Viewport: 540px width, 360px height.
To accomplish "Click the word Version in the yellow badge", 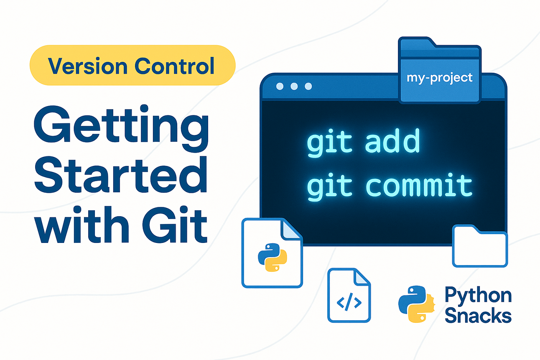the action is [x=87, y=66].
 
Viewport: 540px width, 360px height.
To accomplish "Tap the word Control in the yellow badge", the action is [x=174, y=66].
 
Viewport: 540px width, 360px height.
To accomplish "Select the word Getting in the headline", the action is [x=121, y=128].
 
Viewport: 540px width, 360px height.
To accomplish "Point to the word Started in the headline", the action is [x=121, y=175].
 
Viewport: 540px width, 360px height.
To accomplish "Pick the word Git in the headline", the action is [x=175, y=224].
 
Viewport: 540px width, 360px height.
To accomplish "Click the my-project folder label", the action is [x=439, y=78].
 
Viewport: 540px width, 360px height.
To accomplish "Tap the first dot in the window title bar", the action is [x=280, y=86].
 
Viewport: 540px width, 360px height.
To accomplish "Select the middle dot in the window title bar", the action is [x=294, y=86].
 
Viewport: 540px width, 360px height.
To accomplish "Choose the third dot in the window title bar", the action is [x=308, y=86].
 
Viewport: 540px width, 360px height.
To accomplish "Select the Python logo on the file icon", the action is [x=273, y=257].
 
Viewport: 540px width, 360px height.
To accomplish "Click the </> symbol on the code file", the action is [x=349, y=301].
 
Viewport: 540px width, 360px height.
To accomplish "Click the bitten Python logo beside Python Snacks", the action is [x=416, y=304].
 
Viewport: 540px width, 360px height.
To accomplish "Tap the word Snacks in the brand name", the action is [x=478, y=315].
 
